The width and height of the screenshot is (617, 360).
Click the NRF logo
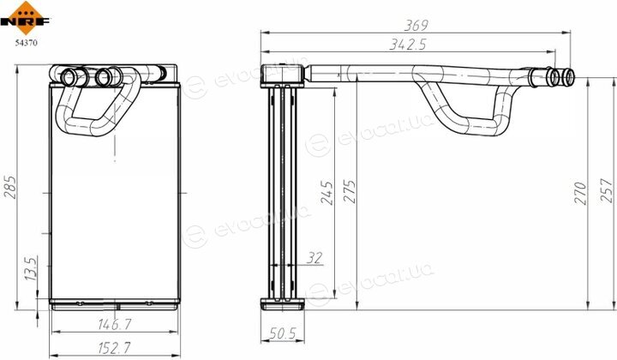point(25,18)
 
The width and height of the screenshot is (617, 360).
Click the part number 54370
point(27,43)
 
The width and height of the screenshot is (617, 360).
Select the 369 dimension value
point(416,25)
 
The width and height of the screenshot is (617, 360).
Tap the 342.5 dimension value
point(408,45)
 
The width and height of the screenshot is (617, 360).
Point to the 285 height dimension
point(10,187)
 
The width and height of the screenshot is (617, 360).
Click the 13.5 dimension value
point(31,268)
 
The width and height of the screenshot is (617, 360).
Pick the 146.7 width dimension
point(115,324)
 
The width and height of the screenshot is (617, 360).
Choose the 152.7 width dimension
point(114,347)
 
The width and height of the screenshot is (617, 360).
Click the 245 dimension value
point(326,192)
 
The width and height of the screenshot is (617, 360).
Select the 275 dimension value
point(349,192)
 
